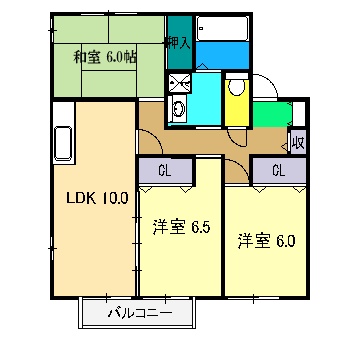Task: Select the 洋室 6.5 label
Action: tap(180, 228)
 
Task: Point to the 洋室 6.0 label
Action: tap(266, 240)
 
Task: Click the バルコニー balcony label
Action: tap(140, 313)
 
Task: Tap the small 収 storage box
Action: tap(297, 141)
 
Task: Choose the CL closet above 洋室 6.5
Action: tap(166, 171)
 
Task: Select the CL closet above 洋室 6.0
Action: tap(277, 171)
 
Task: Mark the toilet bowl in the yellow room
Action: tap(236, 88)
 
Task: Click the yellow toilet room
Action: tap(237, 105)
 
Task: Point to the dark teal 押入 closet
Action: tap(178, 56)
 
